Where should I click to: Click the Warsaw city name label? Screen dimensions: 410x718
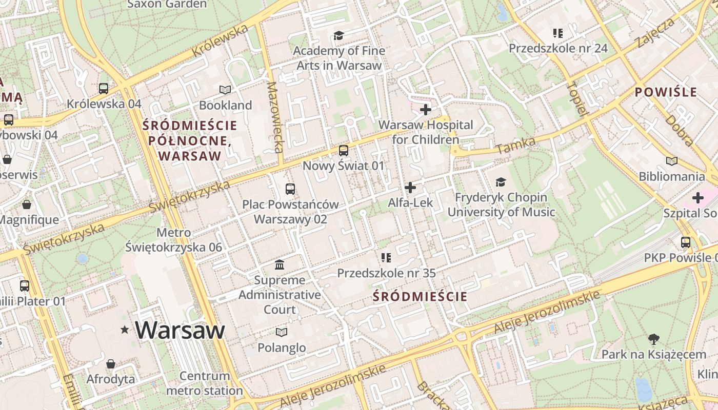point(180,330)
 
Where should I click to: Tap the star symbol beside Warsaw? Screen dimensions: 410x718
point(125,330)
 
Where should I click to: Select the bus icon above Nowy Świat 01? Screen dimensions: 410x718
point(344,151)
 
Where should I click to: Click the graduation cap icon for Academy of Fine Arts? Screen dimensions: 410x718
point(338,35)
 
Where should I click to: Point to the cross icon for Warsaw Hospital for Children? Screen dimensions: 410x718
point(426,110)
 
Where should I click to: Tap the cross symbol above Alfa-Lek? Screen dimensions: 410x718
point(410,188)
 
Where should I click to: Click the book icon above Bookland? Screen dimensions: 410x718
point(225,90)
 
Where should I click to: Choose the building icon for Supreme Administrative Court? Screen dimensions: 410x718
point(280,265)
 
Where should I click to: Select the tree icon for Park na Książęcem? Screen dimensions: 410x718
point(653,339)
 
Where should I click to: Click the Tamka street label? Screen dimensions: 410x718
point(516,145)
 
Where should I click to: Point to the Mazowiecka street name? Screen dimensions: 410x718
point(275,117)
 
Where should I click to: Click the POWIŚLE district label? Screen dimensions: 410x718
point(666,92)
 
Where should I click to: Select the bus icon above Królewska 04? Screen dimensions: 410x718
point(104,88)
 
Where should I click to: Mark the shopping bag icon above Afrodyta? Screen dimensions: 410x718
point(111,364)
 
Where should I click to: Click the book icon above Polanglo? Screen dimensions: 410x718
point(282,332)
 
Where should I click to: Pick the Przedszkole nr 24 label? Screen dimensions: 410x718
point(558,48)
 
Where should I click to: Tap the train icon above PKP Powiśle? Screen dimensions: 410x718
point(686,242)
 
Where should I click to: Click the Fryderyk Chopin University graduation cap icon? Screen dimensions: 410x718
point(501,182)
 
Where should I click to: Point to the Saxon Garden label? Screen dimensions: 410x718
point(167,4)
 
